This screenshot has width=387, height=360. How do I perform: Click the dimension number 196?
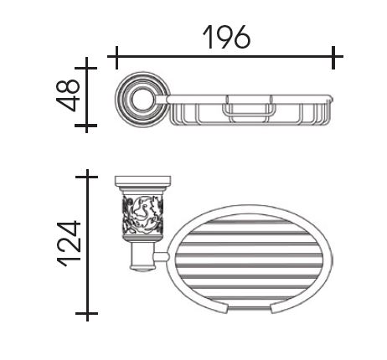point(226,37)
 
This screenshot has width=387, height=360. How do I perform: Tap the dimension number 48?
point(68,95)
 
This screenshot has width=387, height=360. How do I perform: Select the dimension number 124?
point(69,244)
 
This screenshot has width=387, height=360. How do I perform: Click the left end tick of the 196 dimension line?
point(116,57)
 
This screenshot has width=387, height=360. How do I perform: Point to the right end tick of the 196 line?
point(333,57)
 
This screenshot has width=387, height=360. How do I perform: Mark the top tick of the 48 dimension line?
point(86,68)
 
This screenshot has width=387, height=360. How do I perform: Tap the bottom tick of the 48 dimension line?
point(86,126)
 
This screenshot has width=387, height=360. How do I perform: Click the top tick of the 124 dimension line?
point(87,177)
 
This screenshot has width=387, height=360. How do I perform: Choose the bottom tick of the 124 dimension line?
point(87,313)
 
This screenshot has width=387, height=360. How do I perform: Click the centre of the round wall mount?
point(142,100)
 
